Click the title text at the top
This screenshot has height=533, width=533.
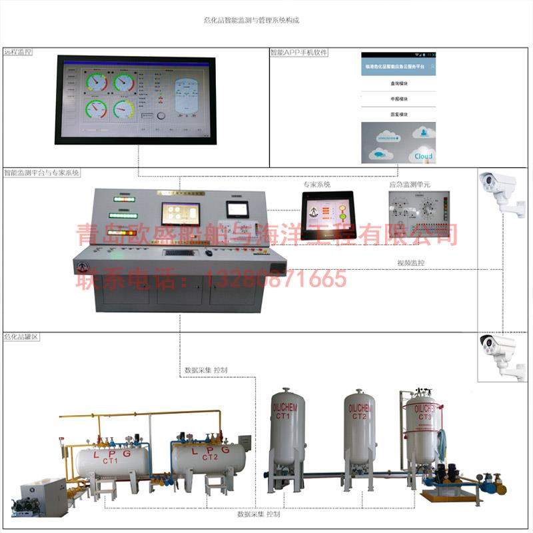tap(251, 21)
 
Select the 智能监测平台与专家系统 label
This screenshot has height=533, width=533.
tap(41, 172)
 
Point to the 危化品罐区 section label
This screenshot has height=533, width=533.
tap(21, 337)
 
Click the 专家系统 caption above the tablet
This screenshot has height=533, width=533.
tap(317, 184)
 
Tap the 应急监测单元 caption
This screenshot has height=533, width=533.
tap(410, 184)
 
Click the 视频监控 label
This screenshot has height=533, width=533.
tap(411, 263)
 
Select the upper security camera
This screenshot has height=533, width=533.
tap(499, 190)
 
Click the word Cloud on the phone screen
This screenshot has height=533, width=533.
tap(423, 156)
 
